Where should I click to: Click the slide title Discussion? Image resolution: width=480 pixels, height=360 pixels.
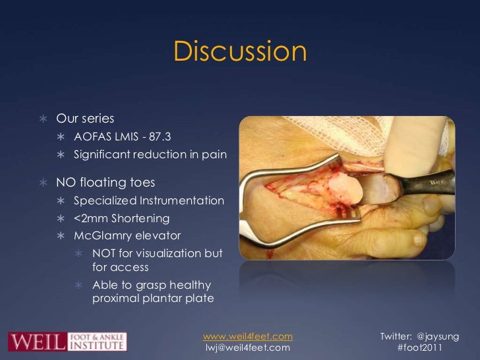[x=240, y=52]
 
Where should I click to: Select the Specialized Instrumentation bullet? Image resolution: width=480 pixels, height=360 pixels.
[x=149, y=200]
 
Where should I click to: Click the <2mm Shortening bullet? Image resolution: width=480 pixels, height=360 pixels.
[x=121, y=218]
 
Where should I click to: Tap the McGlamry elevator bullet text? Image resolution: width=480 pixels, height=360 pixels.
[x=127, y=236]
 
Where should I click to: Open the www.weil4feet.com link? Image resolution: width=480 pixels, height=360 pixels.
[x=248, y=336]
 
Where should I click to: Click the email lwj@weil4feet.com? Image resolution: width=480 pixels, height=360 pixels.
[x=248, y=347]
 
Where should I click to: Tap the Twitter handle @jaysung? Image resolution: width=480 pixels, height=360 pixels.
[x=439, y=336]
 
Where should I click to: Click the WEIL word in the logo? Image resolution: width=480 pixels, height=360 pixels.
[x=37, y=342]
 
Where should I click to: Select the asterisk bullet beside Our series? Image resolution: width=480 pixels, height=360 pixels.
[x=43, y=119]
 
